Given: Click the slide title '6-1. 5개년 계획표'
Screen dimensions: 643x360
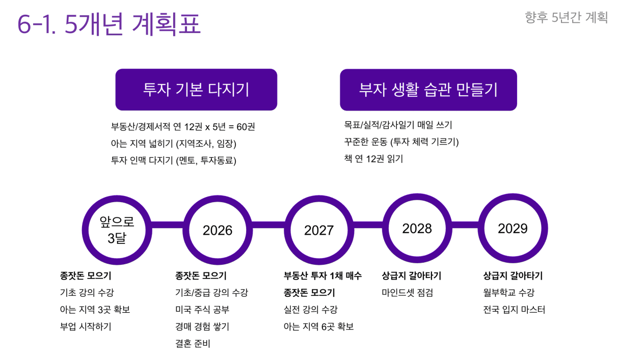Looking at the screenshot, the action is (x=109, y=24).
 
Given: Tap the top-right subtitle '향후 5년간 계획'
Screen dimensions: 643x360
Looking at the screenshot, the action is (x=567, y=18).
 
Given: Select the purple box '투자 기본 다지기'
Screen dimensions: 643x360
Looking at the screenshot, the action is (x=196, y=90).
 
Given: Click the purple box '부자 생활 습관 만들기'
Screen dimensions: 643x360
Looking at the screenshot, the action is (x=428, y=90).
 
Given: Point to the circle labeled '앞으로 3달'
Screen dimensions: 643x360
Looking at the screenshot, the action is (x=117, y=230).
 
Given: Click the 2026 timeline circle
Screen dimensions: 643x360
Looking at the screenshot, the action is (x=218, y=230).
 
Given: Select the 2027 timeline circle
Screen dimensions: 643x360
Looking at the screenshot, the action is (x=319, y=230).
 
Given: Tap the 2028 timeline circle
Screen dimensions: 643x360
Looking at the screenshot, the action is (x=417, y=228).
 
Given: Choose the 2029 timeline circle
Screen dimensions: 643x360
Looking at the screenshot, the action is (x=513, y=228).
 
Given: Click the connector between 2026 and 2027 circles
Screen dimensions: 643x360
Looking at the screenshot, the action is (x=269, y=225).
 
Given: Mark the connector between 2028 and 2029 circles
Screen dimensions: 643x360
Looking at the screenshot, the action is (x=465, y=225).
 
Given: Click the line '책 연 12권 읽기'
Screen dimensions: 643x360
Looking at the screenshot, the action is (x=374, y=159).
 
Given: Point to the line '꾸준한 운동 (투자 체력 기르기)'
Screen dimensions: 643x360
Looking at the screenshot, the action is (x=401, y=142).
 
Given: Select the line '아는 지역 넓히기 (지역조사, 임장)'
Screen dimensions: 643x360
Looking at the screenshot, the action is (x=174, y=144).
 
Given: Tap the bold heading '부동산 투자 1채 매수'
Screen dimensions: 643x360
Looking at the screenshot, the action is (x=323, y=275).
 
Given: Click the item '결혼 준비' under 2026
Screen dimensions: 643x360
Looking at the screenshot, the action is (x=193, y=343).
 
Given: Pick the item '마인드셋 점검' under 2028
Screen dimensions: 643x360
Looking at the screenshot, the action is (x=407, y=293).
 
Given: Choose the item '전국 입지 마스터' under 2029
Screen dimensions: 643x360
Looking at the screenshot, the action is (x=514, y=310).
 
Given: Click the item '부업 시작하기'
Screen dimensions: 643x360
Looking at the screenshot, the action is (x=86, y=326).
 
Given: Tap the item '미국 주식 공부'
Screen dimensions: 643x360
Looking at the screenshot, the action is (x=202, y=310).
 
